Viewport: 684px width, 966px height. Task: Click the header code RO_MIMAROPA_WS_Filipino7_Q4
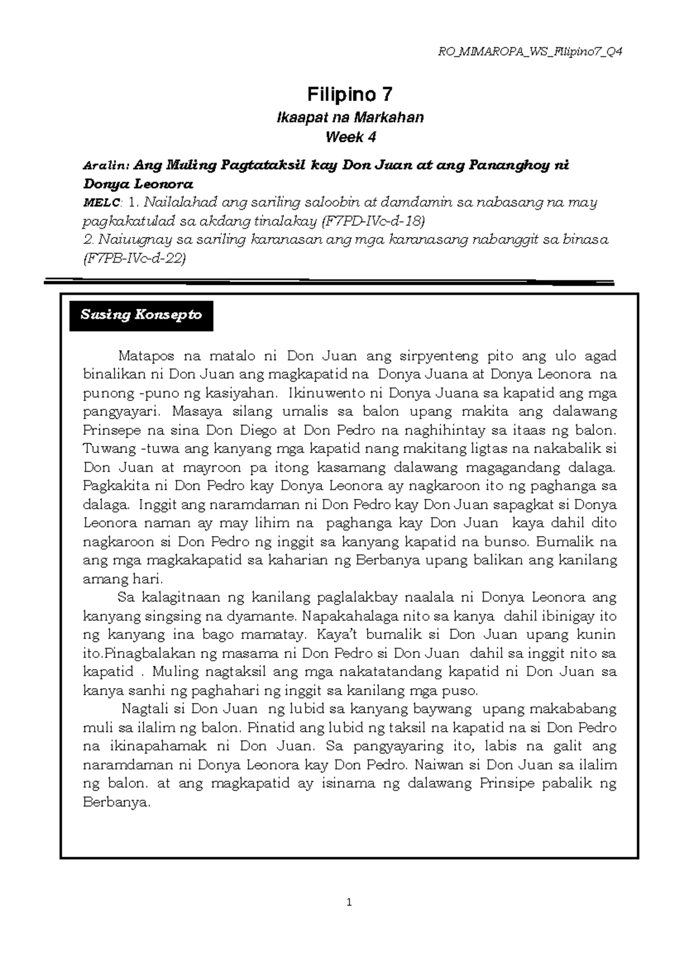(x=530, y=52)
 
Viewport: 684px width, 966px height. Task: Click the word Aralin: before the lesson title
(x=106, y=166)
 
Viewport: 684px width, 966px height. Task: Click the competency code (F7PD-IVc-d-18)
(x=374, y=221)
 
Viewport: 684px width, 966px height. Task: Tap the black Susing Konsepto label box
(x=141, y=315)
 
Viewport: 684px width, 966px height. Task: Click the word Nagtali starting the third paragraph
(x=146, y=709)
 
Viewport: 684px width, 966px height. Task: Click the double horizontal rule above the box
(x=329, y=281)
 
